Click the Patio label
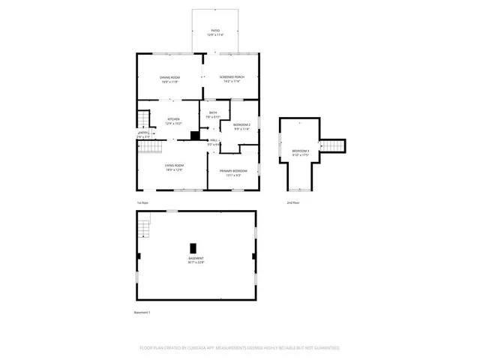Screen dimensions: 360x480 point(215,31)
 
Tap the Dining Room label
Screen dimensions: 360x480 point(169,79)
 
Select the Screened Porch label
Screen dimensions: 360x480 point(231,79)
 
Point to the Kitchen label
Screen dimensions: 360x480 point(173,121)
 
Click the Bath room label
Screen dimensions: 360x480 point(213,114)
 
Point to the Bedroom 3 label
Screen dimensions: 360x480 point(301,153)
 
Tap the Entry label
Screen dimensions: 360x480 point(143,135)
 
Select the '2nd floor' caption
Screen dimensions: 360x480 point(292,202)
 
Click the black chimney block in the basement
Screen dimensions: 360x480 point(193,248)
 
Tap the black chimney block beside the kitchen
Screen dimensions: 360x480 point(194,136)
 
